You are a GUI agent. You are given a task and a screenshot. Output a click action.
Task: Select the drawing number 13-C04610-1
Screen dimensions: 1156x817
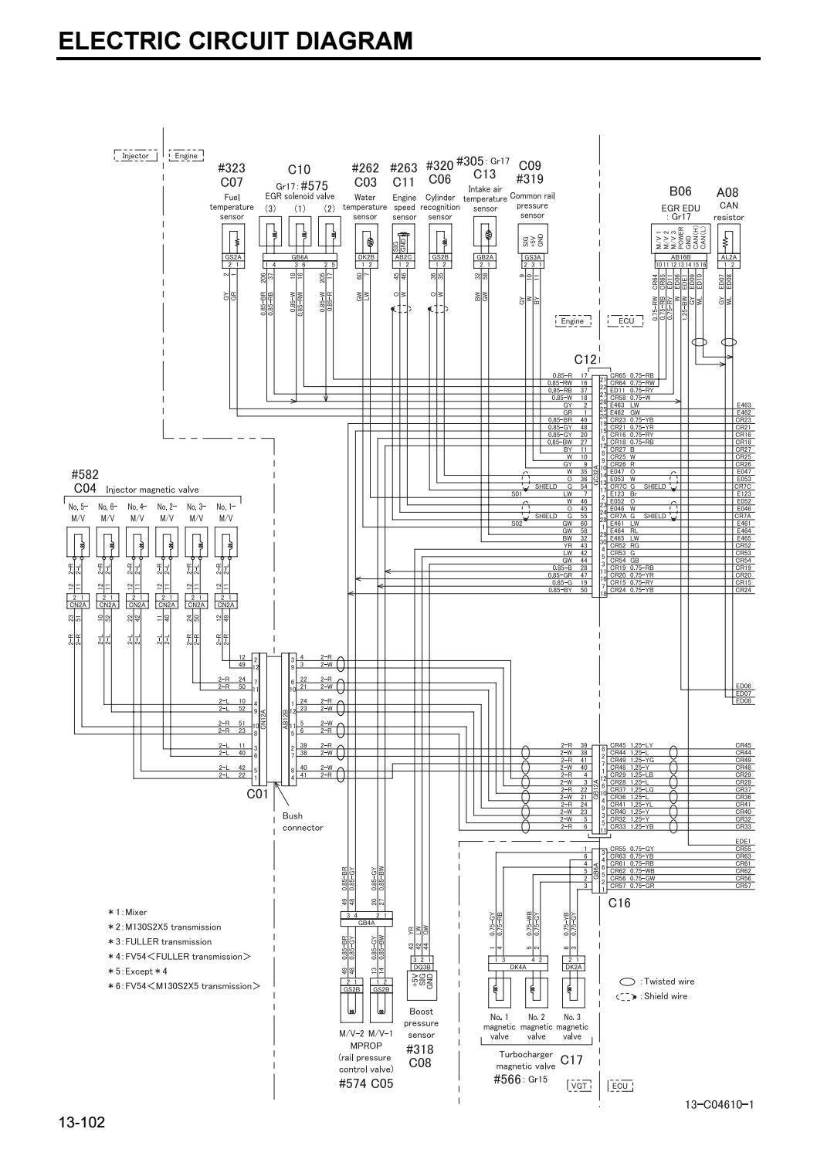point(719,1104)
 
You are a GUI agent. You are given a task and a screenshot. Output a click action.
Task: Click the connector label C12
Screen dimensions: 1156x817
point(585,359)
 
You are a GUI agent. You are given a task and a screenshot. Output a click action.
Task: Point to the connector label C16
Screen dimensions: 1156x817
point(619,902)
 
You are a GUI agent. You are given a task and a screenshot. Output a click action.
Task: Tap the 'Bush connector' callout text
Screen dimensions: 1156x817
point(302,822)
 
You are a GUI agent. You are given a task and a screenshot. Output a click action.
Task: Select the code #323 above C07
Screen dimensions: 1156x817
point(232,169)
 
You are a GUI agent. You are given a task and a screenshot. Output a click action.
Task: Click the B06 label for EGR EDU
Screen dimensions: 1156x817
point(680,191)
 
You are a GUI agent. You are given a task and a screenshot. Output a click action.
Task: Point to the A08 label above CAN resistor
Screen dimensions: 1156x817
point(727,192)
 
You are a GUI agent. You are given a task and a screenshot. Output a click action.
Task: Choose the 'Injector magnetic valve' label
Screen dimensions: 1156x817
point(151,490)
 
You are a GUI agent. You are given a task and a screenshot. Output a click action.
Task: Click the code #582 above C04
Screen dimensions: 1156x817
point(85,474)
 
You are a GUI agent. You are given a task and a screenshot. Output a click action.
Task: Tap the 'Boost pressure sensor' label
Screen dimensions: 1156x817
point(421,1022)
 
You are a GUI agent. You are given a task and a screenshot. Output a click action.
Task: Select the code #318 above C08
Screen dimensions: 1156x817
point(420,1049)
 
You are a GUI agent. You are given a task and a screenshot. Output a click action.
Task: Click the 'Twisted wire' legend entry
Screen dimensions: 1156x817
point(669,981)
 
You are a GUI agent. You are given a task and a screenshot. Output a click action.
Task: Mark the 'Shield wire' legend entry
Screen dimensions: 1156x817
point(665,996)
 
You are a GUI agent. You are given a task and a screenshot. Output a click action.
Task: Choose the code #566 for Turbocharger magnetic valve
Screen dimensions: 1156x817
point(507,1079)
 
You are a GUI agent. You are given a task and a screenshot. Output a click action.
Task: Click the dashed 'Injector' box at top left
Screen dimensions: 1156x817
point(135,156)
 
